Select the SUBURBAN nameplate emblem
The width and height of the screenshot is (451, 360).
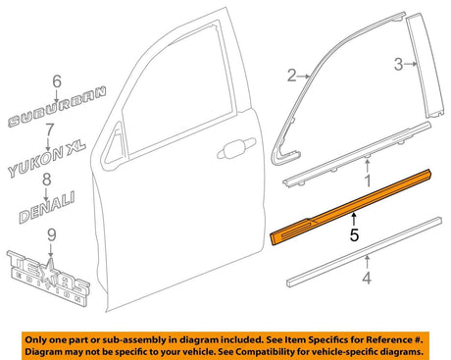56,117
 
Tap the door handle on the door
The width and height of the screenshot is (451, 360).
235,151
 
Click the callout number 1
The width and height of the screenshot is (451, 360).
367,181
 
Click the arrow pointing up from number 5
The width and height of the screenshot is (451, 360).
356,222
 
